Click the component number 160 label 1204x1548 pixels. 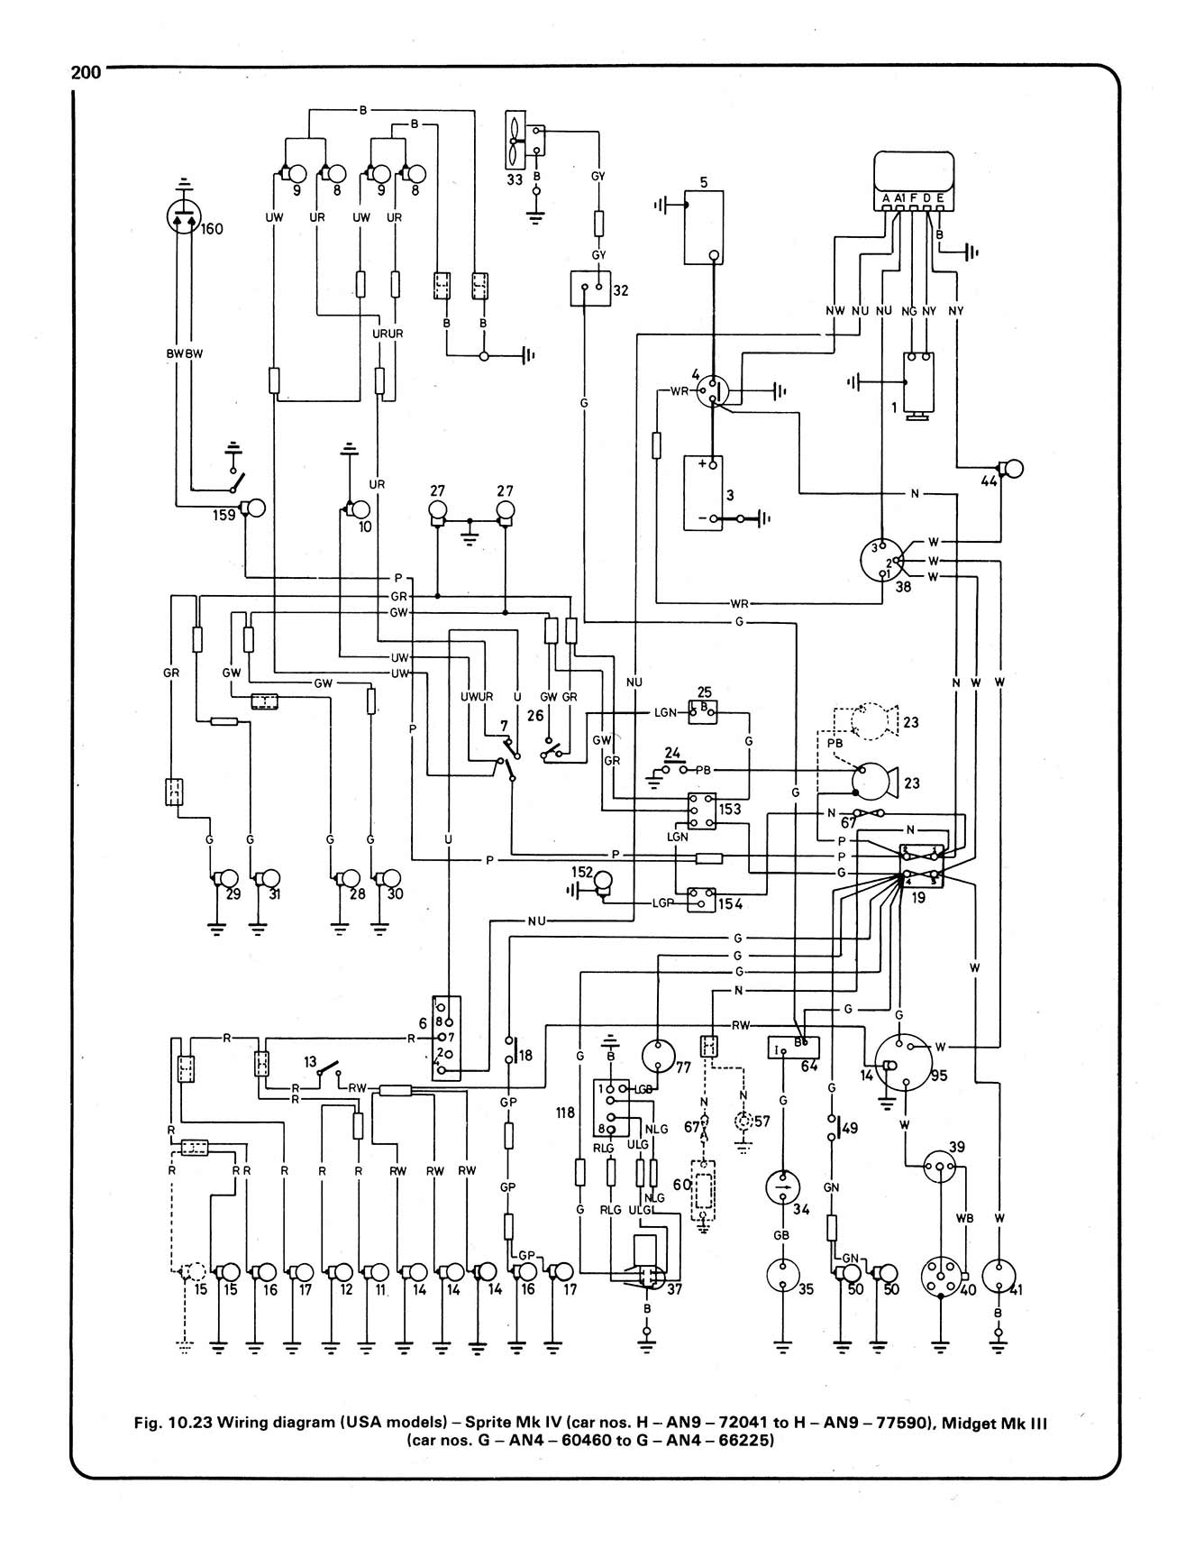pos(212,229)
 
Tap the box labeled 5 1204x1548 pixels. pos(709,226)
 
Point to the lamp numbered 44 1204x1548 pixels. pos(1013,470)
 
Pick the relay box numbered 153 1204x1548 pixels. pos(700,809)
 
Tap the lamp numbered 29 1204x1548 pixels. pos(224,880)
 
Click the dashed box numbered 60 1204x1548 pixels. pos(703,1193)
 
